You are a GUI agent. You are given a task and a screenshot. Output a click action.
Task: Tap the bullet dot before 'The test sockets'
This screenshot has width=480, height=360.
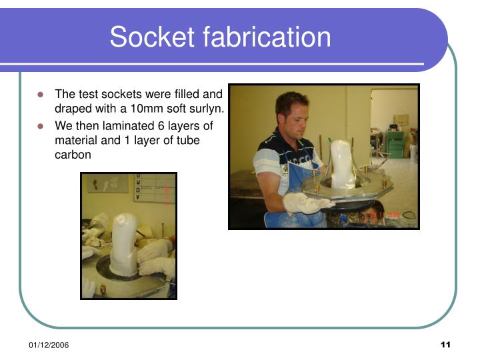tap(41, 94)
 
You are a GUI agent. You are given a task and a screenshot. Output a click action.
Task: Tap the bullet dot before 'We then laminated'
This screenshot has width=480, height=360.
tap(41, 125)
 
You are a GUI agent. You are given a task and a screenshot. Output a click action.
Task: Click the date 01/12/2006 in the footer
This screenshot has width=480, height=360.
tap(48, 344)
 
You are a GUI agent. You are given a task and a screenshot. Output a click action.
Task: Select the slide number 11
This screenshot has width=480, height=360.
tap(445, 344)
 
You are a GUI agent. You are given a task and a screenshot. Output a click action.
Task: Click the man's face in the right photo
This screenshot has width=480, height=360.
tap(293, 115)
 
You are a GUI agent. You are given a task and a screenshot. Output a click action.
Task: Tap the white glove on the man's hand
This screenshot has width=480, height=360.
tap(303, 202)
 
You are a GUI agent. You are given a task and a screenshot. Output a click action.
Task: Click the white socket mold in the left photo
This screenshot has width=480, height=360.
tap(124, 244)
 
